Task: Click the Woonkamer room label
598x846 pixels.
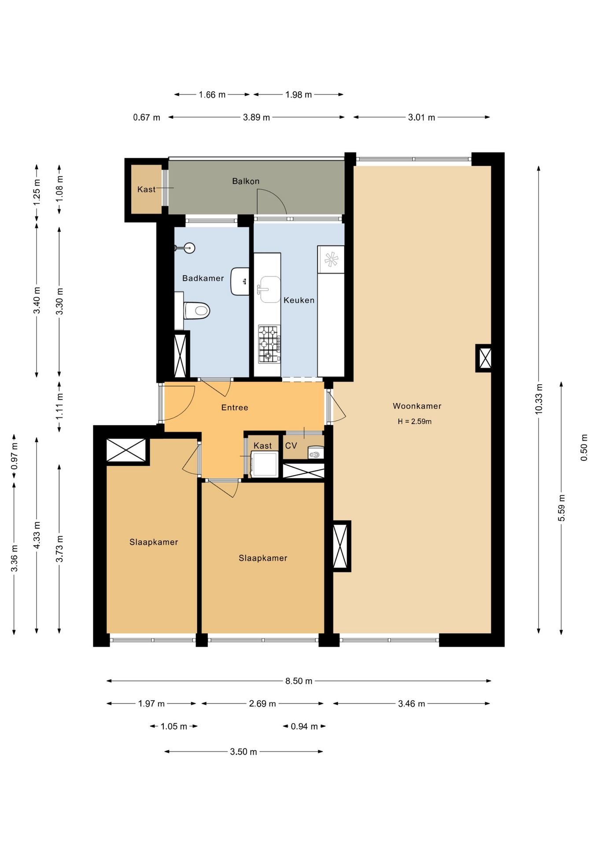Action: (417, 406)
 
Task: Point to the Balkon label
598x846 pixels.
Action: (246, 181)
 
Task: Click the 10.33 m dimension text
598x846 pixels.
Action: (539, 399)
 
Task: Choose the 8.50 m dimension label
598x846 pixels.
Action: (299, 681)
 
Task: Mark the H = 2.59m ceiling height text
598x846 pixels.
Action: (414, 421)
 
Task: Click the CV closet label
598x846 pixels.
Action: (291, 445)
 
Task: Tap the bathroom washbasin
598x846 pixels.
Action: (240, 281)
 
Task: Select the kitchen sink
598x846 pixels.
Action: (269, 289)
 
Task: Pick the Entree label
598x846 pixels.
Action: (235, 408)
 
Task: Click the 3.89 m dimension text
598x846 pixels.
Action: (256, 117)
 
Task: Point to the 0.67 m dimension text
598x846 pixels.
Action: (147, 117)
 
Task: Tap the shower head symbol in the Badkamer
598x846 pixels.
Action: (188, 248)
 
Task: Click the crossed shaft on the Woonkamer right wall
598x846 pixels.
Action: (485, 358)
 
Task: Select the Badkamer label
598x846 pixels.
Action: (203, 278)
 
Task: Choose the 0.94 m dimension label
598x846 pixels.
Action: (304, 726)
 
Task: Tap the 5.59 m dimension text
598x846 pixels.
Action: (561, 508)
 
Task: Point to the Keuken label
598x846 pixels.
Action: (299, 300)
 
